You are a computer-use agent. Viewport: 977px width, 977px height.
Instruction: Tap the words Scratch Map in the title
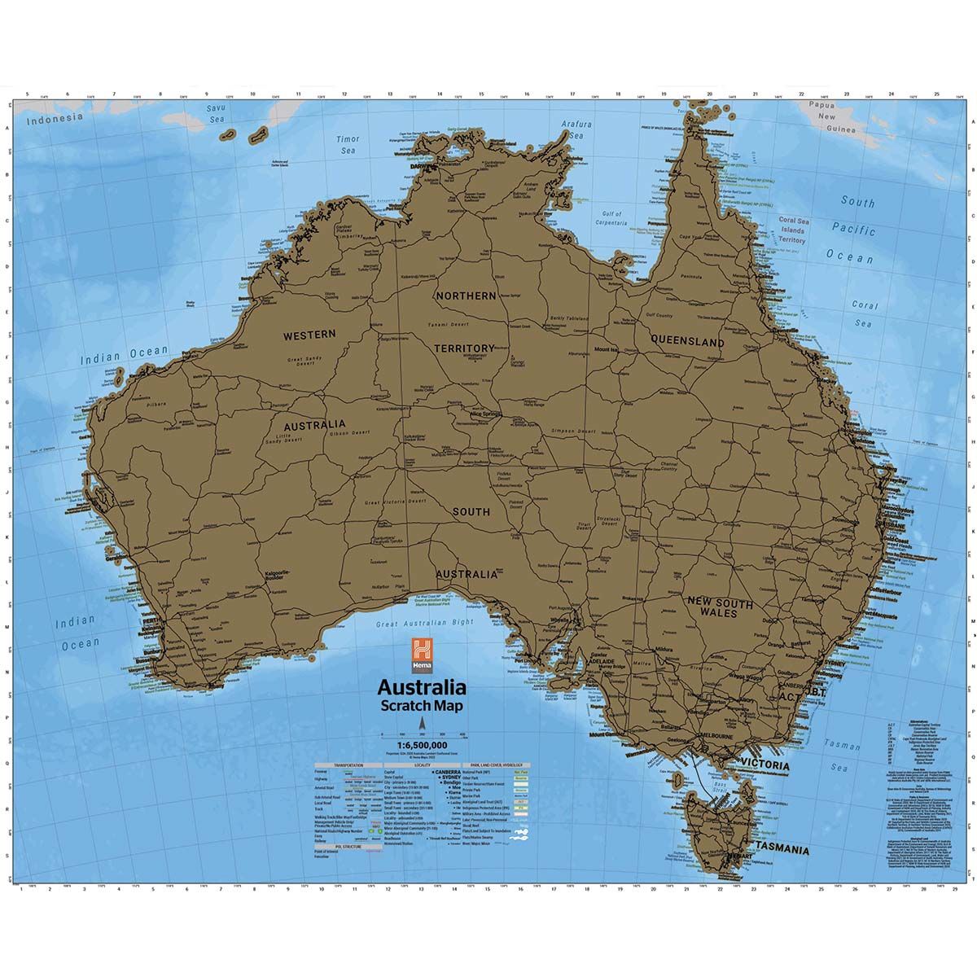tap(420, 705)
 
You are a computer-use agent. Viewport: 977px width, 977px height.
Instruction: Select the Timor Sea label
tap(348, 145)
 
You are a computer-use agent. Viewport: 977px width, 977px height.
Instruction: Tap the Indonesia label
tap(55, 118)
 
